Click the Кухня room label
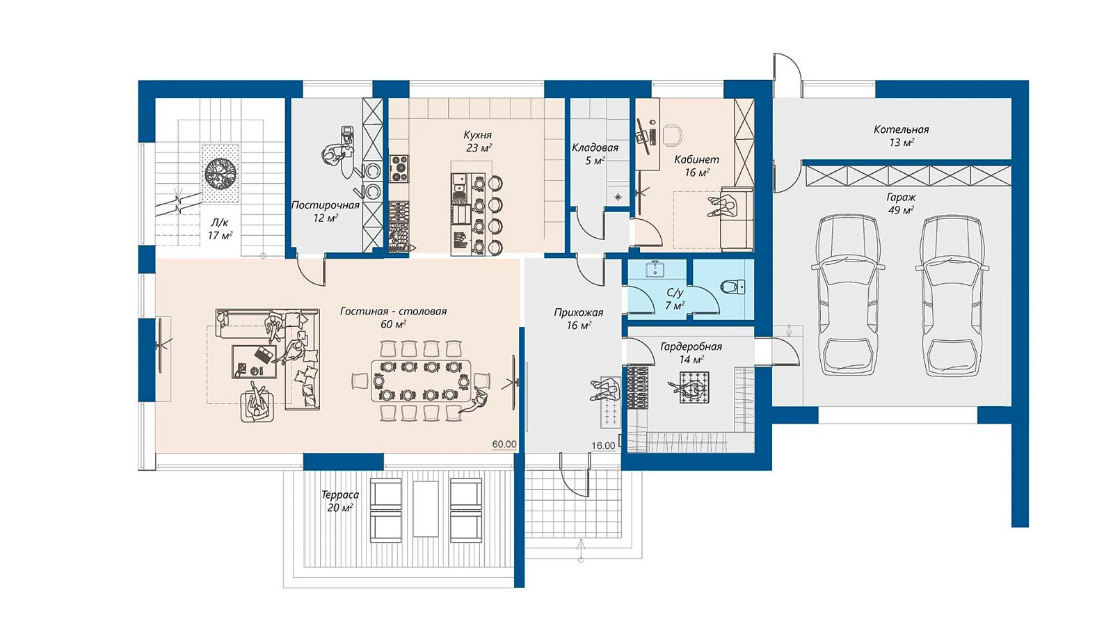coord(477,135)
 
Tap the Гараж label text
coord(901,198)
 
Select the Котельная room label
coord(902,129)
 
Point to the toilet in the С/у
coord(733,287)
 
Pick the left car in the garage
coord(848,295)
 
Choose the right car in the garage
coord(952,295)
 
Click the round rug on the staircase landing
coord(221,173)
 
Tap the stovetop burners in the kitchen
coord(399,168)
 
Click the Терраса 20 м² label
coord(340,501)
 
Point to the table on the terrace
coord(426,508)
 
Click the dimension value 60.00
coord(504,444)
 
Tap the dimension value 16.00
coord(603,446)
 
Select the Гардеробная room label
coord(691,347)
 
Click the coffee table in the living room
coord(254,362)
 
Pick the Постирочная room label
coord(326,205)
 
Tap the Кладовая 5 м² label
coord(595,154)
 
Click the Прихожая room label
coord(579,312)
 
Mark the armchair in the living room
coord(257,406)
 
